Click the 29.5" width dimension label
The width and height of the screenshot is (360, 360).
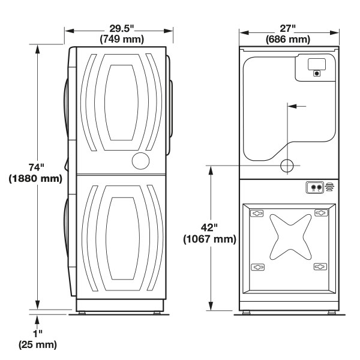click(x=121, y=28)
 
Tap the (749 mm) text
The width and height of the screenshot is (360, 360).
click(x=122, y=39)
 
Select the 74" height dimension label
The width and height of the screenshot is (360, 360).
click(x=36, y=167)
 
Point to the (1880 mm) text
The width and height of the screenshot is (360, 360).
click(x=35, y=178)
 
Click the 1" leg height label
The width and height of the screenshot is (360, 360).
click(x=38, y=333)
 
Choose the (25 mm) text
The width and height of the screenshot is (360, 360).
click(x=38, y=344)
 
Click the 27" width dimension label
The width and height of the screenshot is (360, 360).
click(x=287, y=28)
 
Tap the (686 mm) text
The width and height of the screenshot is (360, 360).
click(x=288, y=39)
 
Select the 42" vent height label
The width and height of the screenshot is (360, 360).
click(x=209, y=227)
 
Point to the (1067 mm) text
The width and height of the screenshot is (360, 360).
click(x=209, y=239)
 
